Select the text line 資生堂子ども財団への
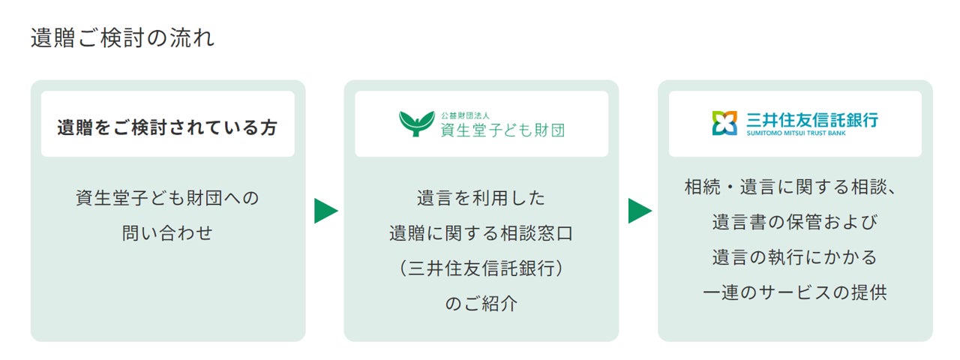[x=167, y=198]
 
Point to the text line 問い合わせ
[x=167, y=233]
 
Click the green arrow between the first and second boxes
[x=325, y=211]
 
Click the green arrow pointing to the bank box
[x=639, y=211]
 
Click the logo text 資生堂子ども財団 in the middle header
[x=502, y=130]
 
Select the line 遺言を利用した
[x=481, y=198]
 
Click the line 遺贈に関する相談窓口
[x=481, y=233]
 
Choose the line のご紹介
[x=481, y=304]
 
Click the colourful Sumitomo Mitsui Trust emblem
[x=725, y=123]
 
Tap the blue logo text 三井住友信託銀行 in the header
[x=812, y=119]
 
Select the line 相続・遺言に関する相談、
[x=795, y=187]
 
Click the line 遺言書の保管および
[x=795, y=222]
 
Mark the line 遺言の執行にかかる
[x=795, y=257]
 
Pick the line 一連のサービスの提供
[x=795, y=292]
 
